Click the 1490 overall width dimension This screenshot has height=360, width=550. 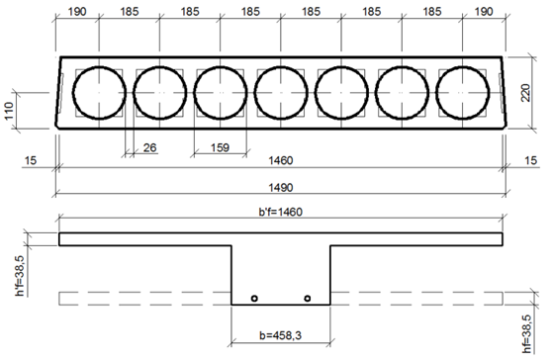(x=281, y=188)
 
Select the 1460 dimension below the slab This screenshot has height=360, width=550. (x=281, y=160)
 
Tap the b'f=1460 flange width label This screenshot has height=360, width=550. (x=281, y=212)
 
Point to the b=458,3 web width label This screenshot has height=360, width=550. (x=280, y=335)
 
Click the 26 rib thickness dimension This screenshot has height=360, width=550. (x=149, y=147)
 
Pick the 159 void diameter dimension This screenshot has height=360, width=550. (x=220, y=147)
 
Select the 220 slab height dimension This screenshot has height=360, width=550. (x=525, y=93)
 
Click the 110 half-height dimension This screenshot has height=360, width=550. (x=9, y=111)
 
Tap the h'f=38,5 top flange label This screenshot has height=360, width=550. (x=20, y=276)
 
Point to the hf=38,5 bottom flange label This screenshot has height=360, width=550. (x=526, y=334)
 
